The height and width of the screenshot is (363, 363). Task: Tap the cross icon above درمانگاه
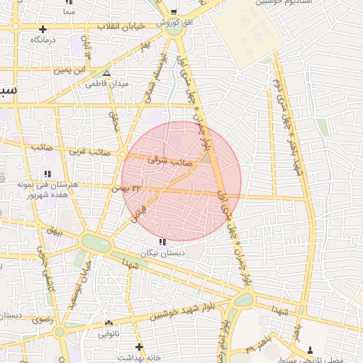click(x=43, y=30)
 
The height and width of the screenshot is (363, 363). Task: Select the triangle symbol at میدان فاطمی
click(x=106, y=73)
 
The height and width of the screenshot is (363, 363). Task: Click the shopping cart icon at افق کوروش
click(x=174, y=12)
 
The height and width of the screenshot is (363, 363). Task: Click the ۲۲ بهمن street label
click(x=127, y=188)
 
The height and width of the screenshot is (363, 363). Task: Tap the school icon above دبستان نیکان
click(x=164, y=242)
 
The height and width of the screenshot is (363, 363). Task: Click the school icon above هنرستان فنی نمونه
click(x=48, y=174)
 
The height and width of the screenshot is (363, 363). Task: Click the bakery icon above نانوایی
click(x=108, y=323)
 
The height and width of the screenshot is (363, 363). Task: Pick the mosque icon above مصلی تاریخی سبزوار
click(x=311, y=350)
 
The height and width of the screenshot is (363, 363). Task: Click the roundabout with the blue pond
click(x=242, y=299)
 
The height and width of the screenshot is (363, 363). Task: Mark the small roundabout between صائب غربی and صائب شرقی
click(x=122, y=154)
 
